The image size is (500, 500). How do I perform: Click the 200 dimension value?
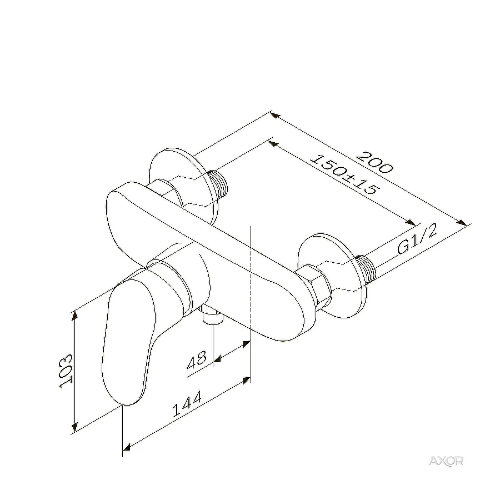coord(374,162)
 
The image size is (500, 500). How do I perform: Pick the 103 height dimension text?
coord(66,371)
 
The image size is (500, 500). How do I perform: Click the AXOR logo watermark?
coord(446,461)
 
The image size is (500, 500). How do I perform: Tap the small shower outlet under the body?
coord(212,317)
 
